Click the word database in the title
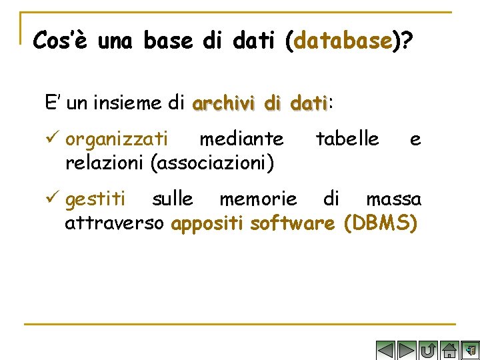click(x=342, y=41)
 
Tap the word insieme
click(x=128, y=103)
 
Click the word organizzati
click(x=117, y=139)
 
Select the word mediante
click(x=241, y=139)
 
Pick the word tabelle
click(x=347, y=139)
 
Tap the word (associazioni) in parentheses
click(x=213, y=163)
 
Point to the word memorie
click(x=258, y=199)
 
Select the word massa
click(x=393, y=199)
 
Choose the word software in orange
click(x=292, y=223)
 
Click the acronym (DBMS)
click(x=381, y=223)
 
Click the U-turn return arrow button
click(x=429, y=350)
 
